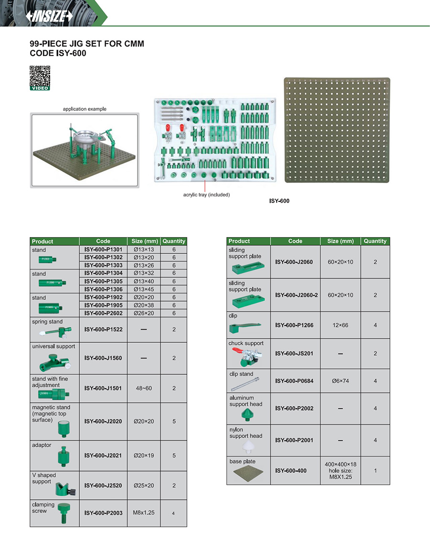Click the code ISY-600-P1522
tap(103, 329)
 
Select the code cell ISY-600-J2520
tap(103, 485)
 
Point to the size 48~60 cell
tap(143, 388)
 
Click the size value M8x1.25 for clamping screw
tap(143, 513)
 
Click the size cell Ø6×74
tap(340, 381)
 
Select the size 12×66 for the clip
tap(340, 325)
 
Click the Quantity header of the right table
tap(375, 241)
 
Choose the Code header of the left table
tap(103, 241)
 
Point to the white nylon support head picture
tap(248, 447)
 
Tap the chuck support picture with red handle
tap(246, 356)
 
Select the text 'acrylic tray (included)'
tap(206, 195)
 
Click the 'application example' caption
tap(85, 109)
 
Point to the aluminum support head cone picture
tap(248, 414)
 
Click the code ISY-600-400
tap(290, 470)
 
